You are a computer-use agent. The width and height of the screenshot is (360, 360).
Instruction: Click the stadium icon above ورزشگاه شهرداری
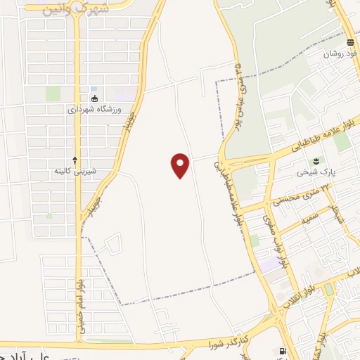pyautogui.click(x=94, y=98)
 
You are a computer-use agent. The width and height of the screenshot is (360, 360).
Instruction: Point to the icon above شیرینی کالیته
pyautogui.click(x=75, y=160)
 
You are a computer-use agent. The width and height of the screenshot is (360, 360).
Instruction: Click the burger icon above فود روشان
pyautogui.click(x=349, y=42)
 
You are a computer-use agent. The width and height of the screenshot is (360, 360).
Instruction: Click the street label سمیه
pyautogui.click(x=310, y=219)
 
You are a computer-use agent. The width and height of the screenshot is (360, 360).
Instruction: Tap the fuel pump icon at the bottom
pyautogui.click(x=283, y=351)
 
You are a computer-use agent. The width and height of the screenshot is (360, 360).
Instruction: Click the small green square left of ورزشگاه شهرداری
pyautogui.click(x=53, y=93)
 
